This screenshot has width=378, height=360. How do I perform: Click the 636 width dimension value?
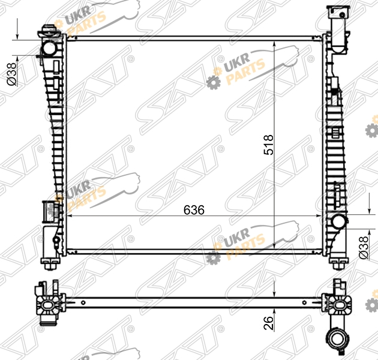coord(194,210)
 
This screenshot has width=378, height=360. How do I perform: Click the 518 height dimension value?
coord(269,145)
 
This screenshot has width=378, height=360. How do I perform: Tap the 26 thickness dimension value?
coord(269,323)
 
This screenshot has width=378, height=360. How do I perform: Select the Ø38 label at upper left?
coord(12,74)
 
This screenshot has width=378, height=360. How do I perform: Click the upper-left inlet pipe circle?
coord(50,48)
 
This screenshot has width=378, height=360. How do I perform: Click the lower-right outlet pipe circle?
coord(338,223)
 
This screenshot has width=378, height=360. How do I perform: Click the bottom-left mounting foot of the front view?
coord(50,263)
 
